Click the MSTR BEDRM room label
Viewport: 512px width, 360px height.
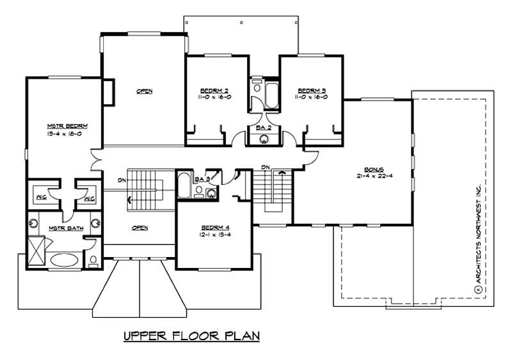[x=67, y=126]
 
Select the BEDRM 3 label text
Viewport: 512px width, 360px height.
[x=312, y=90]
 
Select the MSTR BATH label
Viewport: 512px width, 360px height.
[x=63, y=228]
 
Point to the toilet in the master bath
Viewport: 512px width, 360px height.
[x=93, y=260]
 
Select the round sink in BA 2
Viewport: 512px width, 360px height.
[x=263, y=141]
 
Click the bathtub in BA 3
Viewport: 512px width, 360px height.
[x=183, y=186]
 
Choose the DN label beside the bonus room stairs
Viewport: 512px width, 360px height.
[x=265, y=168]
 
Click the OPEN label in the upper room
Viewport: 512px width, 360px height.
[x=144, y=91]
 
